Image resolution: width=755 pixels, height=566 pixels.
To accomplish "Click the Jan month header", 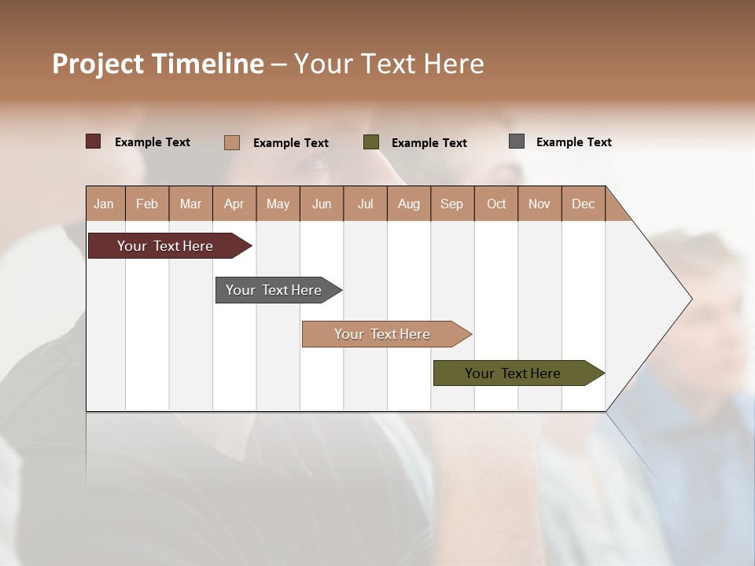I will (105, 204).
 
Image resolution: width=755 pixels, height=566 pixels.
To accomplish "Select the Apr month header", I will (234, 204).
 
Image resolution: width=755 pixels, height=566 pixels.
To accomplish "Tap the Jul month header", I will (365, 204).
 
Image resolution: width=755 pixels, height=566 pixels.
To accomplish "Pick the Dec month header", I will (583, 204).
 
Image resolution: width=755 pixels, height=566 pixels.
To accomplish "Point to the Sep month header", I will (451, 204).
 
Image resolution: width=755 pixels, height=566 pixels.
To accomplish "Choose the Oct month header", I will (495, 204).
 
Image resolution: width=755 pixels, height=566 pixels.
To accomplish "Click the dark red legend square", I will (93, 141).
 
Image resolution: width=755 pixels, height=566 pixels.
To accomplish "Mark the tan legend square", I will (231, 142).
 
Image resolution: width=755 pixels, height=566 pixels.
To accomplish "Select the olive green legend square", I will (371, 142).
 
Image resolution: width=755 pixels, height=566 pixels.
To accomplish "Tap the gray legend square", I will (517, 141).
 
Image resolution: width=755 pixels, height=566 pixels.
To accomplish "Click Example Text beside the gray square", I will (573, 141).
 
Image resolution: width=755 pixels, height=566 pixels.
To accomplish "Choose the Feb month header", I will (147, 204).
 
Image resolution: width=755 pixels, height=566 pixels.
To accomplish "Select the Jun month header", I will (322, 204).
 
